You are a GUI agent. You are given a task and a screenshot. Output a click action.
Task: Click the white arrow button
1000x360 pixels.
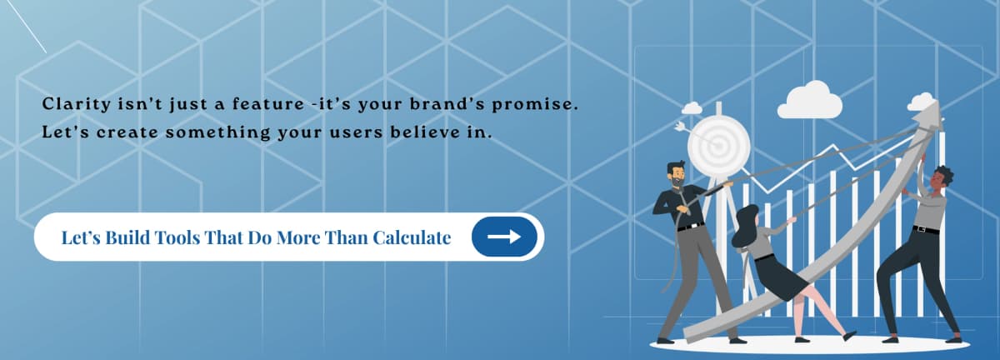click(x=504, y=237)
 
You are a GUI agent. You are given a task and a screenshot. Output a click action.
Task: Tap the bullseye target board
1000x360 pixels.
click(x=717, y=142)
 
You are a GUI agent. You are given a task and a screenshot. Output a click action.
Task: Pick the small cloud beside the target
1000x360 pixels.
click(x=692, y=108)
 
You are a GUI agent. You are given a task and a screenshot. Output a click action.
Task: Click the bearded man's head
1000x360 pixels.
click(x=676, y=176)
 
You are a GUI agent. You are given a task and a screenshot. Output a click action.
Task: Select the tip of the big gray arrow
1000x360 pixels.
click(x=933, y=113)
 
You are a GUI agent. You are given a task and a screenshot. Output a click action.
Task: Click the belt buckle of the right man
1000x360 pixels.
click(x=922, y=229)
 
